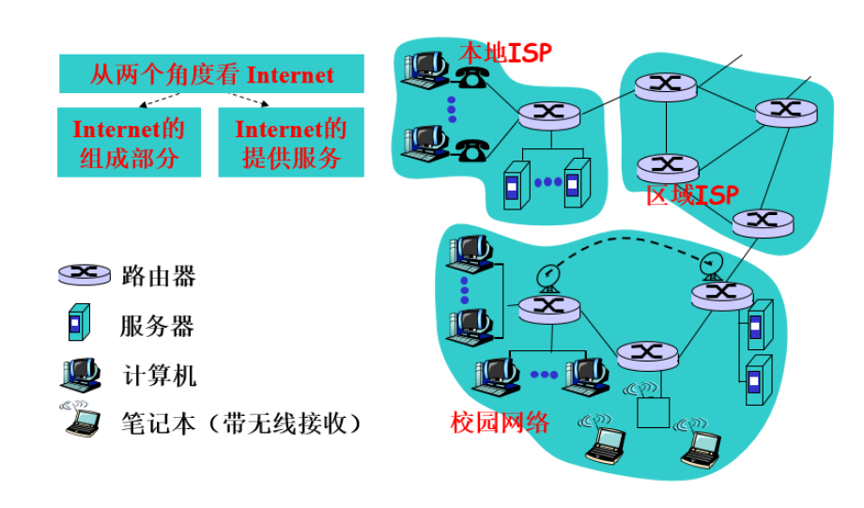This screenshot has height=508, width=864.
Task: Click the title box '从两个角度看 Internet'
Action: point(211,74)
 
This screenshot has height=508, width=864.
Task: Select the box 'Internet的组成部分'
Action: point(129,143)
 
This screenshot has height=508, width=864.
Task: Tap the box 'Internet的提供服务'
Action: point(291,143)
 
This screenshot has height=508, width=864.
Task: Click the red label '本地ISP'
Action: point(504,52)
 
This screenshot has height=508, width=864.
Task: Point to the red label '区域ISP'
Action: point(692,195)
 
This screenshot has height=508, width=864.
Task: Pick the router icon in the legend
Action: point(85,274)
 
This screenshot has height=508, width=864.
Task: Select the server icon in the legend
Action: point(80,324)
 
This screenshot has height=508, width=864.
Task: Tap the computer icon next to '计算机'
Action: point(81,374)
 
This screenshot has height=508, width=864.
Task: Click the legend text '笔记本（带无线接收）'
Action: point(241,423)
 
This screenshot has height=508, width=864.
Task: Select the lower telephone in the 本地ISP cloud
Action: point(471,147)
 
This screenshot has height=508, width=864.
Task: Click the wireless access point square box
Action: point(651,411)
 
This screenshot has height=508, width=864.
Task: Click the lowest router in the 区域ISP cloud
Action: point(762,222)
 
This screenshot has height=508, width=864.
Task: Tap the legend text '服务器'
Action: point(157,326)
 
